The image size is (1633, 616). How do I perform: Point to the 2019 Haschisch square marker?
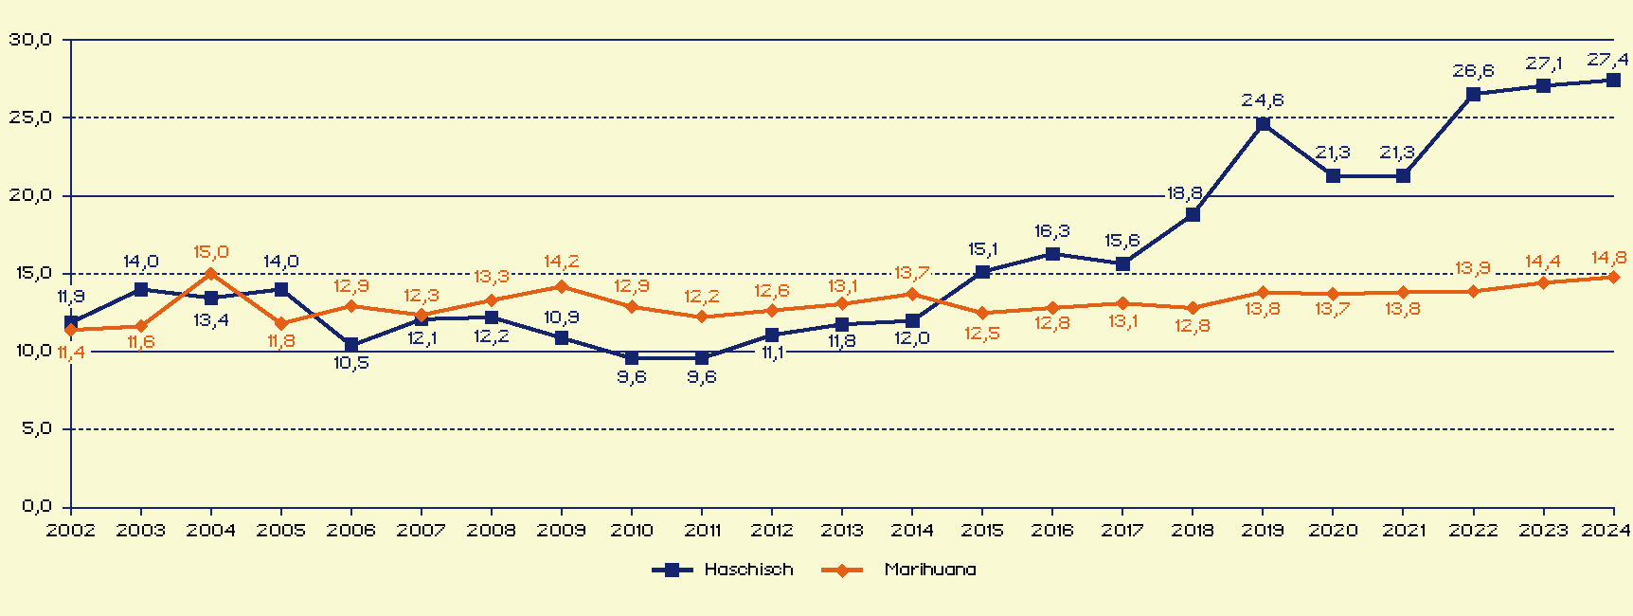point(1263,124)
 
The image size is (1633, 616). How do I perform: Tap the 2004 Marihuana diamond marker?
point(211,274)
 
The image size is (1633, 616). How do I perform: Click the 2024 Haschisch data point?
point(1613,81)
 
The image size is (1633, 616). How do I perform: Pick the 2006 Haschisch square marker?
point(351,345)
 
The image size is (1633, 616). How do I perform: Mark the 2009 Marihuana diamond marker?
point(562,286)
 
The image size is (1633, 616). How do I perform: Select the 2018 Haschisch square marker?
point(1193,215)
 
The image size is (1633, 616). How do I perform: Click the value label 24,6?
point(1263,100)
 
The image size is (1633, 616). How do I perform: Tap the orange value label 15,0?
point(211,252)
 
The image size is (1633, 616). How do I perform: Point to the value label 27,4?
point(1607,60)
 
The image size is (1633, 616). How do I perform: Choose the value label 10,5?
point(351,363)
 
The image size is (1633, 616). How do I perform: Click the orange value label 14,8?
point(1609,258)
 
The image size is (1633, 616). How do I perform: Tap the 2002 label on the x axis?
point(71,530)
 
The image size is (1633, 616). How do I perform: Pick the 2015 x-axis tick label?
point(982,530)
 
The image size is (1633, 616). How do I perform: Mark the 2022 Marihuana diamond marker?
point(1473,291)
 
